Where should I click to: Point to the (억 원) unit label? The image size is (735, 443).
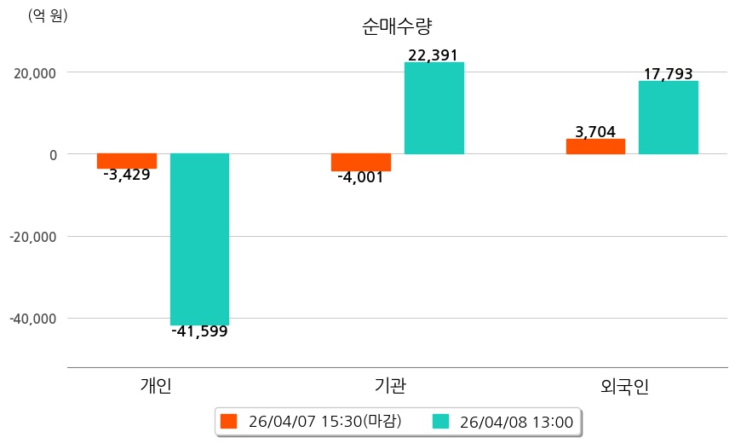point(48,15)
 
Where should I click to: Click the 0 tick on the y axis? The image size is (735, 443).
point(53,155)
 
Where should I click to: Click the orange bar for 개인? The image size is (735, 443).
point(127,161)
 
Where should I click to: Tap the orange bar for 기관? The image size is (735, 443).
point(361,162)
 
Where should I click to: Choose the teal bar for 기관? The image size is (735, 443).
point(434,108)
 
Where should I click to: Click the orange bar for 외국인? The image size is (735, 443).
point(595,147)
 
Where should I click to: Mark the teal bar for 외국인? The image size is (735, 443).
point(669,118)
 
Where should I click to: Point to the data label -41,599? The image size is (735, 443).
point(199,332)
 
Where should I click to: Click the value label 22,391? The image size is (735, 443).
point(434,55)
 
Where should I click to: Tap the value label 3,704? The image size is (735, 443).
point(595,132)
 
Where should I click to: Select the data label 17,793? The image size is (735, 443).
point(668,75)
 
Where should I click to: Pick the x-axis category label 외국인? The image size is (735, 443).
point(624,387)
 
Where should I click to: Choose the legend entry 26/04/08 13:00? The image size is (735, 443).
point(506,422)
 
